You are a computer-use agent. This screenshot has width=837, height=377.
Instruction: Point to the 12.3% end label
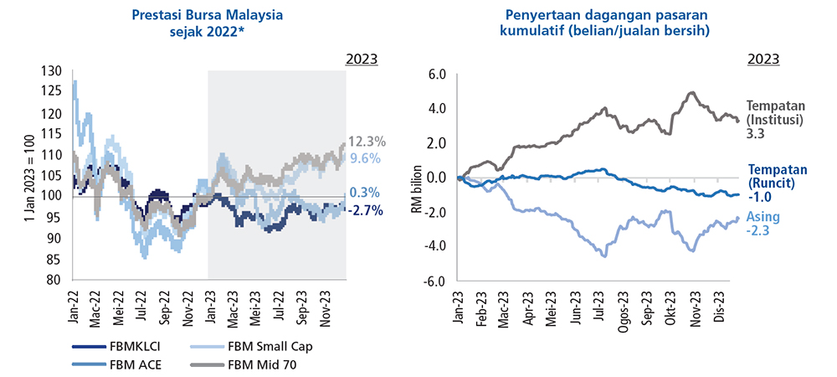pyautogui.click(x=367, y=142)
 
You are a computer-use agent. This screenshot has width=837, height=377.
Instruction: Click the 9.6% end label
pyautogui.click(x=365, y=158)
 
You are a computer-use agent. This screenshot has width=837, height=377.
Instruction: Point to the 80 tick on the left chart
pyautogui.click(x=56, y=280)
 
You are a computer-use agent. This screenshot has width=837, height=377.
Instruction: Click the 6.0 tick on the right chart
pyautogui.click(x=438, y=75)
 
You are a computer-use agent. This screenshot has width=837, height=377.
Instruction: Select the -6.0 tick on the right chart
pyautogui.click(x=435, y=281)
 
